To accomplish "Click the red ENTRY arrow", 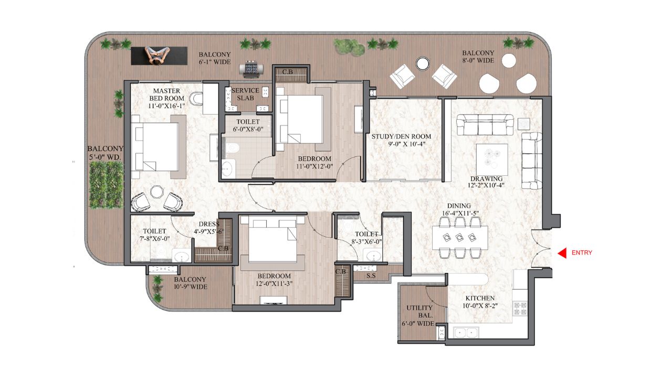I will (x=561, y=253).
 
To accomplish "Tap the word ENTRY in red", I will (x=582, y=253).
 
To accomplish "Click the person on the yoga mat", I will (x=158, y=55).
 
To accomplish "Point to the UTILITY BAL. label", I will (x=419, y=315).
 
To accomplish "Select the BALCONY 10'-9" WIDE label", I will (x=191, y=283).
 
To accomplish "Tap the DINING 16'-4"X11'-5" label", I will (x=459, y=209).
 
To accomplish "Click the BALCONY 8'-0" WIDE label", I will (x=478, y=57).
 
